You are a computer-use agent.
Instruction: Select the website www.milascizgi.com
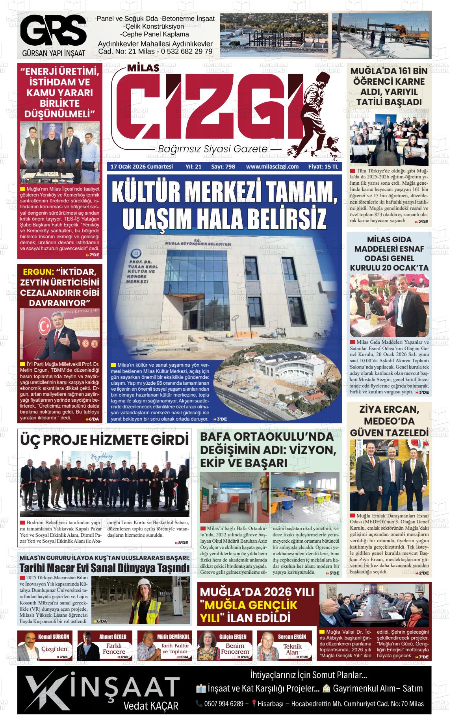272,167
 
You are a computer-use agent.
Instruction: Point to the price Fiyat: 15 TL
323,167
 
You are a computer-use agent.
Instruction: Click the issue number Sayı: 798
223,167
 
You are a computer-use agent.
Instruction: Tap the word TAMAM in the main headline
300,193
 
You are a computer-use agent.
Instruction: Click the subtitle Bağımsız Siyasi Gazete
213,149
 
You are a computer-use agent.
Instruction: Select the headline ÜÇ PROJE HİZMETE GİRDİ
104,440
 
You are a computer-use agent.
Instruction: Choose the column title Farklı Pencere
114,649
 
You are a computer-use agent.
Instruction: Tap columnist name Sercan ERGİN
292,636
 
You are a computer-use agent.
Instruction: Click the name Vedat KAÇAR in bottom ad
151,705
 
